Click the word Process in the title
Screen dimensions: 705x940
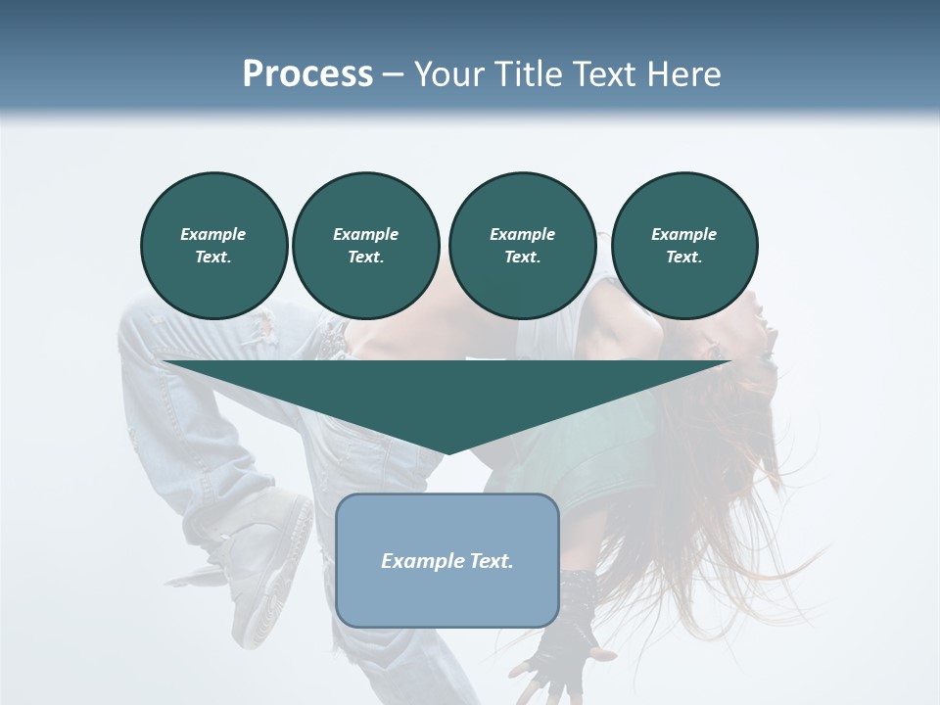307,74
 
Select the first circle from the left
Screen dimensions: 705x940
213,246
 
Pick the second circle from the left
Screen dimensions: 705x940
365,246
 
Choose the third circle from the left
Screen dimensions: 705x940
522,246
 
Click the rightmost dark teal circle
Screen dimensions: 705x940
684,246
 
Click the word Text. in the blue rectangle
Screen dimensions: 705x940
492,561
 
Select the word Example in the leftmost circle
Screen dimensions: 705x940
213,234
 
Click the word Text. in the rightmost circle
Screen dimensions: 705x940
684,258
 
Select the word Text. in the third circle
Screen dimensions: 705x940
522,258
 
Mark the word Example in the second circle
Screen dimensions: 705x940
365,234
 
